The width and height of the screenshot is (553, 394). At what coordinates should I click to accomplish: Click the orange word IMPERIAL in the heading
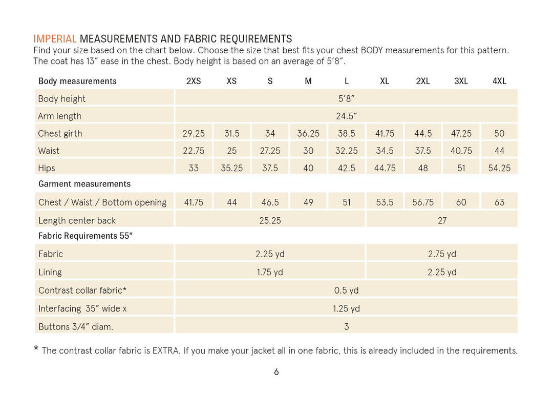55,39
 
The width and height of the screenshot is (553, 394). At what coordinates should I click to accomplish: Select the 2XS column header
194,81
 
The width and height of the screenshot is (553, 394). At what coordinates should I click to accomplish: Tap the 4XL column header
499,81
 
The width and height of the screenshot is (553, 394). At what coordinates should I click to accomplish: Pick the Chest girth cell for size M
308,133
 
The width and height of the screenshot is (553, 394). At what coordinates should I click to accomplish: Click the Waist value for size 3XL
461,151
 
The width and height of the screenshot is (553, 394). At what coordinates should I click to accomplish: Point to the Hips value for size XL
385,168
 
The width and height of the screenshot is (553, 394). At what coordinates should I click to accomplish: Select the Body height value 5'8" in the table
346,98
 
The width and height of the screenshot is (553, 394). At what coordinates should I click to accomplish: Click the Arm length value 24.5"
346,116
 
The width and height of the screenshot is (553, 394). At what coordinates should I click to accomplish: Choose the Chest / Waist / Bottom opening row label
102,202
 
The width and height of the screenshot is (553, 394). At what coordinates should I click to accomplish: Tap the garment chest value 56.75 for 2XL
423,202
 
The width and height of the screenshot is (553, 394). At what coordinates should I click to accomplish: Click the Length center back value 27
442,220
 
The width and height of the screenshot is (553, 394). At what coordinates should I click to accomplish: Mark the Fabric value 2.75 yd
442,254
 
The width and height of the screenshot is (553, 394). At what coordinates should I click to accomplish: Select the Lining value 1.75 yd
270,272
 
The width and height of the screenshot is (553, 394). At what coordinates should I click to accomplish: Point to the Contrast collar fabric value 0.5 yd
346,291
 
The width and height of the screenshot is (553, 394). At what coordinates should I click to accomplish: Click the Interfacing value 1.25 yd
346,308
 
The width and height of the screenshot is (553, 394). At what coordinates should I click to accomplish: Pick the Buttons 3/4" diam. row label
76,326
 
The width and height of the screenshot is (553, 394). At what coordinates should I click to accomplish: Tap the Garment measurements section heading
84,184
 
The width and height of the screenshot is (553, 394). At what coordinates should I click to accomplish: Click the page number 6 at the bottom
276,372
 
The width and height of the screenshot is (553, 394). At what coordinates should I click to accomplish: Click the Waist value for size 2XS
194,151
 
